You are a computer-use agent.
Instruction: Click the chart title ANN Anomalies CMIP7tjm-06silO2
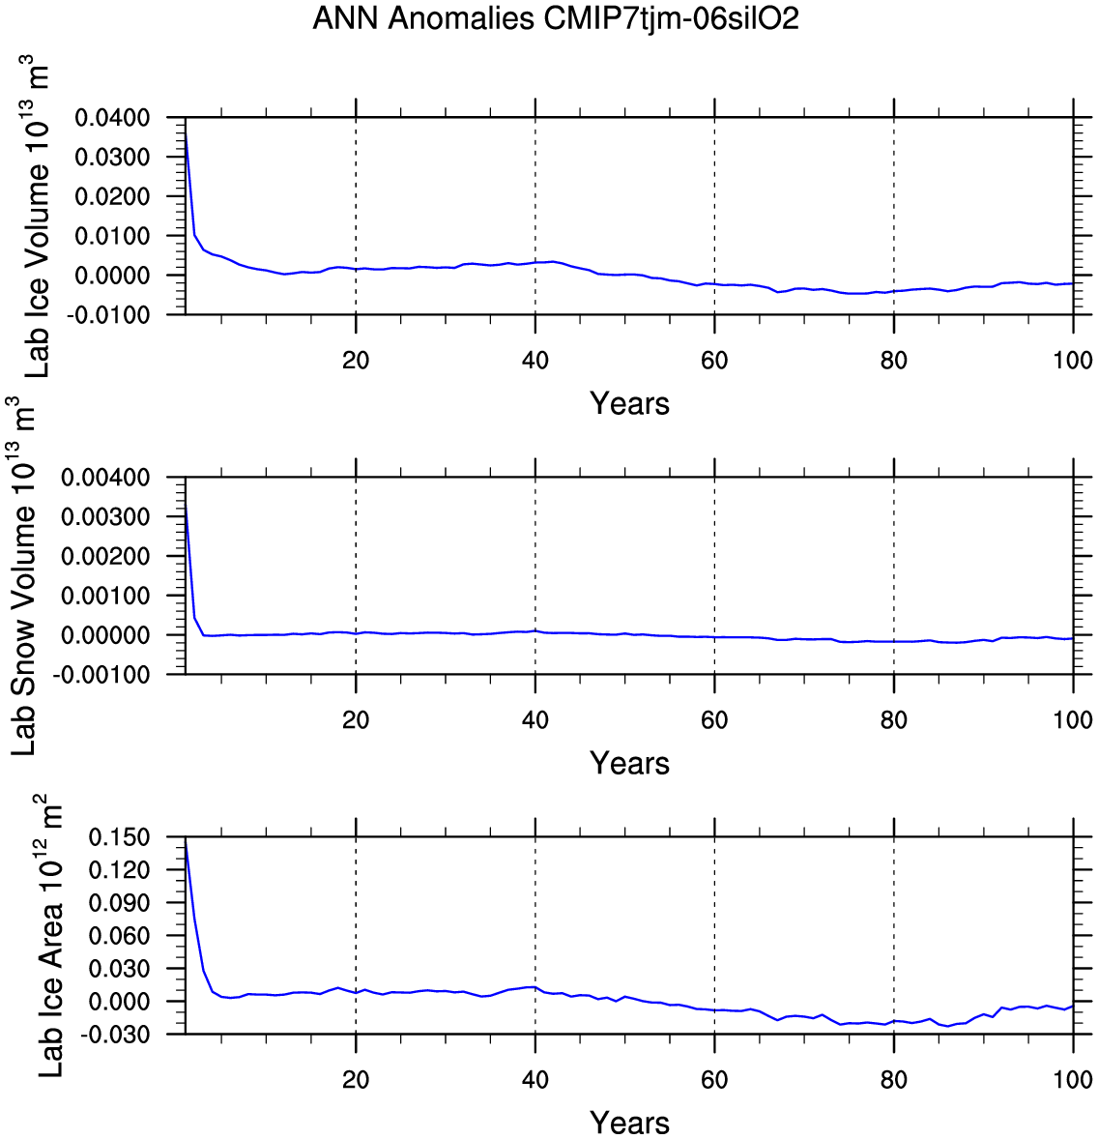click(x=556, y=18)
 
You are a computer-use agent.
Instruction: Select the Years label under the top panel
click(x=629, y=403)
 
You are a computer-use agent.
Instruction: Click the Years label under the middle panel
click(x=629, y=763)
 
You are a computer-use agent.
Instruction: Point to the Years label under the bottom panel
click(x=629, y=1123)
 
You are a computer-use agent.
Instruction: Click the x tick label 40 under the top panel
click(x=535, y=361)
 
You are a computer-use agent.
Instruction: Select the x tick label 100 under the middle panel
click(x=1073, y=720)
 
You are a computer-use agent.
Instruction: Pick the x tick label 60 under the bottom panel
click(x=714, y=1080)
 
